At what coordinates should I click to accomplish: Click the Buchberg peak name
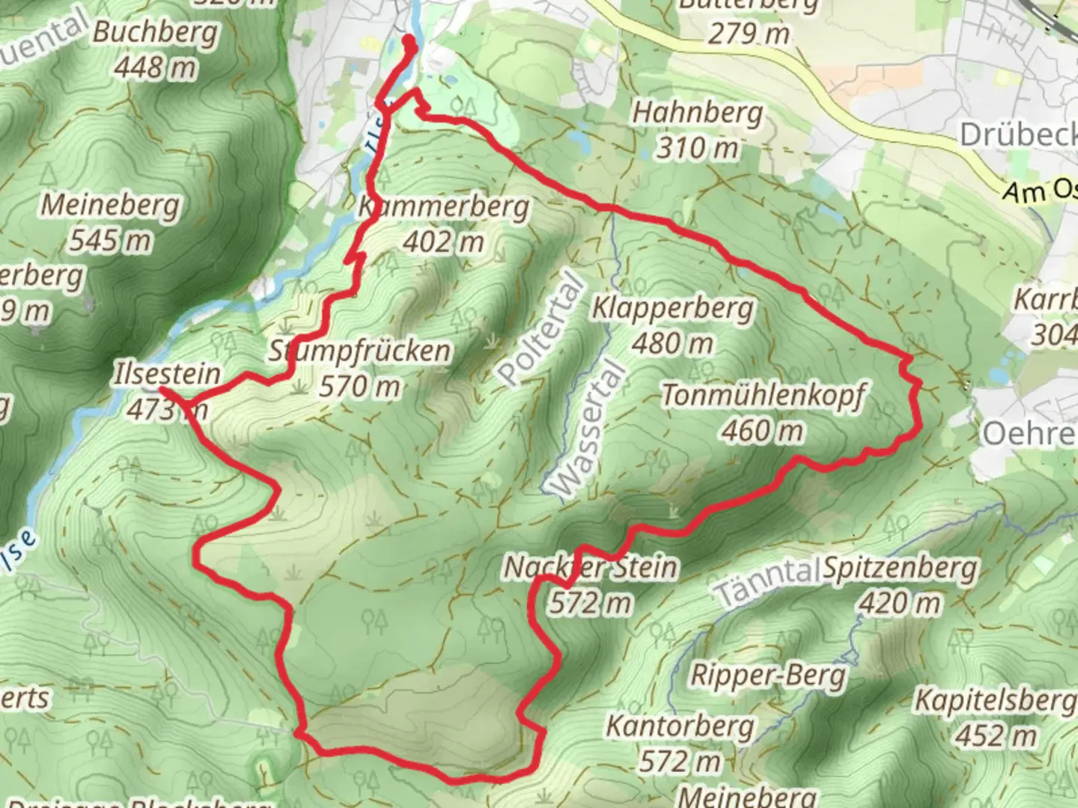[x=156, y=33]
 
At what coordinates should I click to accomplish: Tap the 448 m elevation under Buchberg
[x=156, y=68]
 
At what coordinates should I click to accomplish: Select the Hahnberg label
[x=698, y=114]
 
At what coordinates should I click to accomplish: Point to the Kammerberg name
[x=444, y=206]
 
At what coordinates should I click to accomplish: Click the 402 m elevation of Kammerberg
[x=443, y=242]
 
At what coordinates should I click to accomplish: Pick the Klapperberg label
[x=673, y=308]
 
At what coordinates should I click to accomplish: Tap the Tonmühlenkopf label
[x=763, y=396]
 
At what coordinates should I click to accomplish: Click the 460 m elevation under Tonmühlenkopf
[x=763, y=431]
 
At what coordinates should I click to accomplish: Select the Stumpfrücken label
[x=360, y=351]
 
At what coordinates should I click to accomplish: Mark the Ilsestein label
[x=167, y=374]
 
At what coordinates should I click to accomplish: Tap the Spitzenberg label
[x=901, y=569]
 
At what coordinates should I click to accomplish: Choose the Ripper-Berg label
[x=768, y=675]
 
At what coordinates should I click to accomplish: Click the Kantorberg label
[x=680, y=726]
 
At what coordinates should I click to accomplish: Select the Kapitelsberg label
[x=995, y=701]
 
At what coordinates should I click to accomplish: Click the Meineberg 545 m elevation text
[x=110, y=241]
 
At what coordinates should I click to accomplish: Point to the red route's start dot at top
[x=409, y=41]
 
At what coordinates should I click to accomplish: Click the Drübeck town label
[x=1018, y=135]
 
